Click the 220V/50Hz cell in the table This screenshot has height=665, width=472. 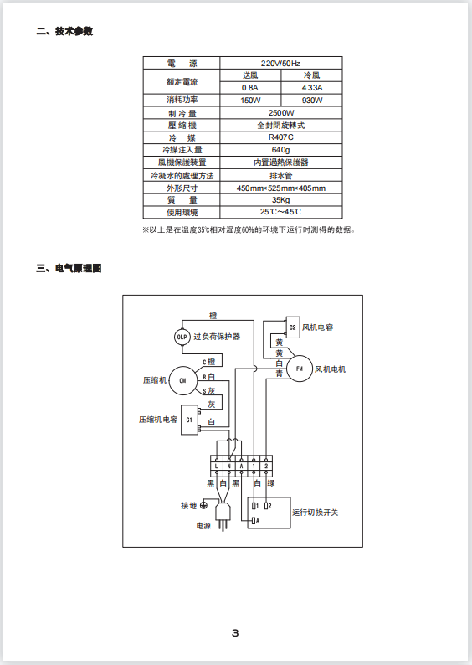pos(280,63)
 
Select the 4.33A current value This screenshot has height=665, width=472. pos(312,88)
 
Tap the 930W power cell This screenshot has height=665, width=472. pos(312,101)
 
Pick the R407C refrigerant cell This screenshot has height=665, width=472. pos(280,137)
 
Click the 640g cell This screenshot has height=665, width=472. pos(280,150)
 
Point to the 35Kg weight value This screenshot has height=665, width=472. pos(280,200)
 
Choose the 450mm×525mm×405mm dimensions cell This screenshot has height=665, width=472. pos(280,188)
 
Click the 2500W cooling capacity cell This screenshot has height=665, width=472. pos(280,113)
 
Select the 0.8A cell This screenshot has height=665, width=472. pos(250,88)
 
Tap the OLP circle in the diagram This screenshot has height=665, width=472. pos(182,338)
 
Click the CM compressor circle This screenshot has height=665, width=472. pos(182,380)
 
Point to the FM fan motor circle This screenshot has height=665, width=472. pos(300,369)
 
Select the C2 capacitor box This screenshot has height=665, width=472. pos(293,327)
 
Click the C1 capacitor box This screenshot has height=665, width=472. pos(189,420)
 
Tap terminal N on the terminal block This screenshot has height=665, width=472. pos(228,466)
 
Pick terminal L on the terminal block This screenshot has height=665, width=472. pos(217,466)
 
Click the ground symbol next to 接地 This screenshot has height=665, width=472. pos(204,505)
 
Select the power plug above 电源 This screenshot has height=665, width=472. pos(223,516)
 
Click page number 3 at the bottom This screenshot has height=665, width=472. pos(235,633)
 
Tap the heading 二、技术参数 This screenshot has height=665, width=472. pos(64,31)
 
